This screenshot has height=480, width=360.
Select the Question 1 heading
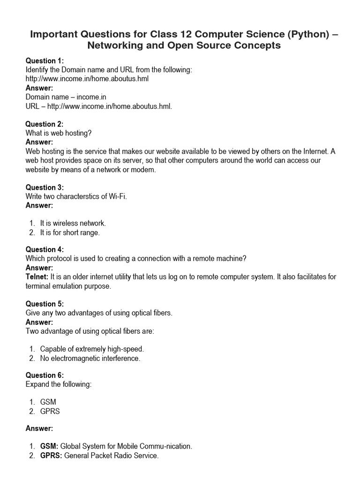pos(44,61)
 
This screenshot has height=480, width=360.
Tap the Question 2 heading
pos(44,124)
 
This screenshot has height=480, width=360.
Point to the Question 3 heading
pos(44,187)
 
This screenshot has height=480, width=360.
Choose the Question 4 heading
pos(44,250)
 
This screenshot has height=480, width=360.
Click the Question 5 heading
pos(44,304)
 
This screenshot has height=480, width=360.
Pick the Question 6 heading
pos(44,375)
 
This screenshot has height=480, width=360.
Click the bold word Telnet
pos(37,277)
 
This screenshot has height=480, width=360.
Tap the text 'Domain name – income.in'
pos(66,97)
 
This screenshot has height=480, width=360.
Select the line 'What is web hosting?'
pos(59,133)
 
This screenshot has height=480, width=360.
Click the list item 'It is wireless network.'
pos(73,224)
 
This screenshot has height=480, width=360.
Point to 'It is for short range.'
pos(70,232)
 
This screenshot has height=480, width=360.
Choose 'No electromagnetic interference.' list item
pos(90,359)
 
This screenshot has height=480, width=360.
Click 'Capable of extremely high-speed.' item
pos(92,349)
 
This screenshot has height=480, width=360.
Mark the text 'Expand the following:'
pos(59,384)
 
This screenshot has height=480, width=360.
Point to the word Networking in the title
pos(114,45)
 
